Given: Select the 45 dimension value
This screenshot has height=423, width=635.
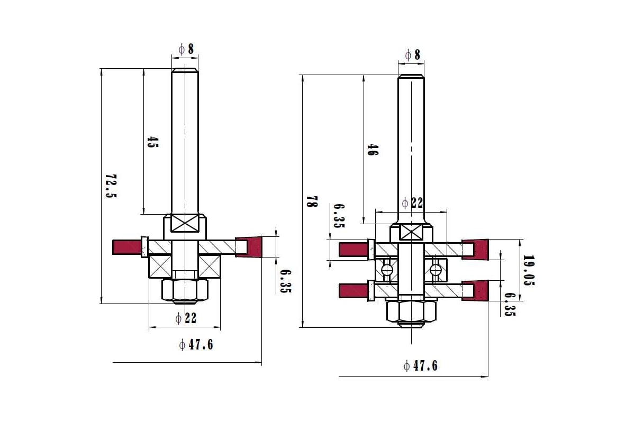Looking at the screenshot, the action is tap(153, 142).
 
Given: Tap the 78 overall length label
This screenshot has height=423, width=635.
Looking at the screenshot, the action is tap(312, 201).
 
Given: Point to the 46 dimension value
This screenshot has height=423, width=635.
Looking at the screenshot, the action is tap(373, 150).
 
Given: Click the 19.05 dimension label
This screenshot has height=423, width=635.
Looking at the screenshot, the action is tap(529, 270).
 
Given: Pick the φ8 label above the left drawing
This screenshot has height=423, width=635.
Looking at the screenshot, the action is tap(186, 49).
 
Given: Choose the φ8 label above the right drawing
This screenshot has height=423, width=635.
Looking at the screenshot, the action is tap(413, 54).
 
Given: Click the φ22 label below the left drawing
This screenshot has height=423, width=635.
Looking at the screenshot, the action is tap(186, 318).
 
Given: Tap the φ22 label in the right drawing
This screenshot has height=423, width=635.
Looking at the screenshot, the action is tap(413, 203).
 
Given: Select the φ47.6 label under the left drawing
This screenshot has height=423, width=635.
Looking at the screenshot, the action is tap(196, 345).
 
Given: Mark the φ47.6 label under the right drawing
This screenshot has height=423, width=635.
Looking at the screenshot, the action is tap(421, 366).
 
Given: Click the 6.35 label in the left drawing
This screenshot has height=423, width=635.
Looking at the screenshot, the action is tap(286, 281).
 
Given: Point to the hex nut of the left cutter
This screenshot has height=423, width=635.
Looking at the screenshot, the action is tap(185, 290).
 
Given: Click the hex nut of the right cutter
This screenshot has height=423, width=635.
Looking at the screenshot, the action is tap(411, 311).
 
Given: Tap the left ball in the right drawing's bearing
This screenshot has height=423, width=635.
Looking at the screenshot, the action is tap(387, 270).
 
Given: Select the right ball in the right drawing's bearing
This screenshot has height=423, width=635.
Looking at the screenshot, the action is tap(436, 270).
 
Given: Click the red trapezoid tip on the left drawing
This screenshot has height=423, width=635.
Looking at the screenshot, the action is tap(249, 247).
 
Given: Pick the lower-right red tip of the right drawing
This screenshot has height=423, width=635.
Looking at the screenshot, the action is tap(475, 290).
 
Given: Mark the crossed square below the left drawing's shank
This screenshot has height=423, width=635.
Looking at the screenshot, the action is tap(185, 223).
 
